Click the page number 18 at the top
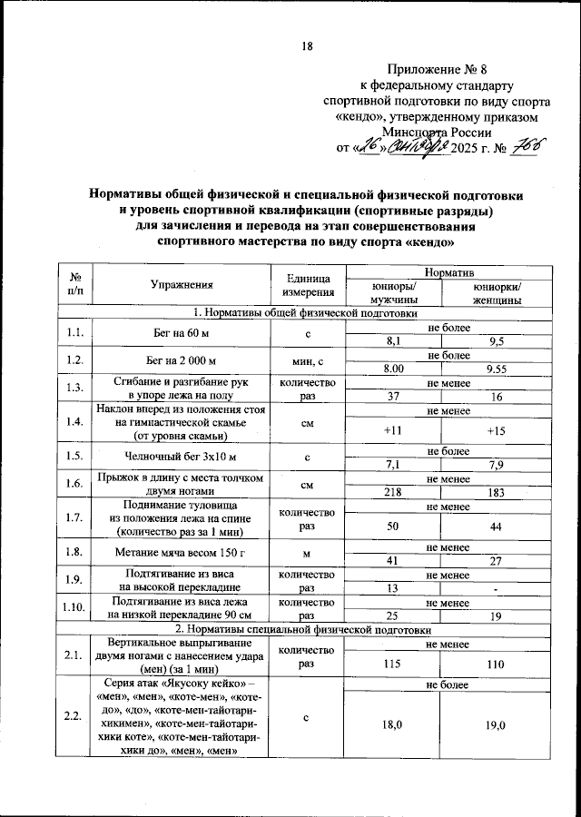click(x=306, y=47)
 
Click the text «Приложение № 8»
click(x=437, y=70)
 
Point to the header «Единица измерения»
click(x=308, y=284)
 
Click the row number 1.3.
click(x=76, y=389)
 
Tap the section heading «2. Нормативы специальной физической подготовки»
click(x=306, y=628)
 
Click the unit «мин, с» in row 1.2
click(x=308, y=361)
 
